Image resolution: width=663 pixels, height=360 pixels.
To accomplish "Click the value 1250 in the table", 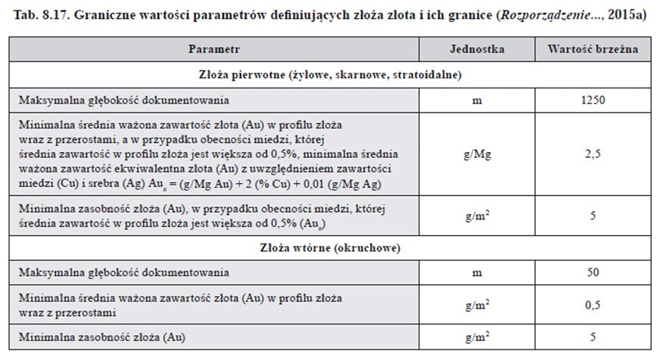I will tap(593, 99).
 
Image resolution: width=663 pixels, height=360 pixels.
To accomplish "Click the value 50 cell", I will tap(593, 271).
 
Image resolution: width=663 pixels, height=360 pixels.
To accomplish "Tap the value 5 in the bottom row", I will tap(593, 335).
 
